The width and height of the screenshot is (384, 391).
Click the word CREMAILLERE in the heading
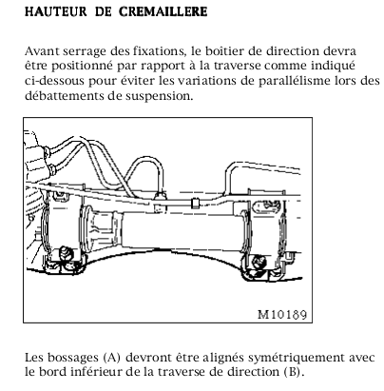coord(163,11)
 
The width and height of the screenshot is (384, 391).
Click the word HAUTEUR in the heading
coord(56,11)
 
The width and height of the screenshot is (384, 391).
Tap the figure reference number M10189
coord(282,314)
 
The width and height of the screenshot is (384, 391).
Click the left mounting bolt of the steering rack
coord(67,253)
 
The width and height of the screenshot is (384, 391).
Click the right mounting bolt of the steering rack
coord(259,262)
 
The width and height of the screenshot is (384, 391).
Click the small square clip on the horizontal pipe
coord(195,204)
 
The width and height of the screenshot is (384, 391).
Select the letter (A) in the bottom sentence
coord(112,358)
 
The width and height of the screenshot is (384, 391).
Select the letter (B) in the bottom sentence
coord(291,372)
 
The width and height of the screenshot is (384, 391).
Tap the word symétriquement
coord(297,358)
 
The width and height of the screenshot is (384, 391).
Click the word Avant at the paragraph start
coord(42,50)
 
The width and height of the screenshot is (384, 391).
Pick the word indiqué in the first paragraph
coord(333,66)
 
